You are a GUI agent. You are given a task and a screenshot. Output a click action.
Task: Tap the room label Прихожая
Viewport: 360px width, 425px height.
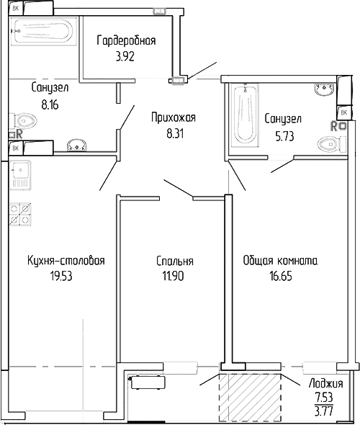173,117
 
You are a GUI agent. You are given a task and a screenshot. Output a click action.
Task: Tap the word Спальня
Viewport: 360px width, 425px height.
174,261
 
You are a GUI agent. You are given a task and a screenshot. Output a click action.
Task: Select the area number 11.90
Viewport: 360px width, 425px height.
174,274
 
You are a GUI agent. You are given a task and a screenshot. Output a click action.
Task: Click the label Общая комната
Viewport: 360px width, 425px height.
281,261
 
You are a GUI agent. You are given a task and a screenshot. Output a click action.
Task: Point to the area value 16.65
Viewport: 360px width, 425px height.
281,274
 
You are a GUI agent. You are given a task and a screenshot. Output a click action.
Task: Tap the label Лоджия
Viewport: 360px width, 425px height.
325,384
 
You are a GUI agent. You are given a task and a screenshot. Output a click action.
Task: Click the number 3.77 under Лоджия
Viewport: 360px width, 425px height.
325,411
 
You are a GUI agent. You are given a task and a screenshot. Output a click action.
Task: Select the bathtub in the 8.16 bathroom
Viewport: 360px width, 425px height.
41,32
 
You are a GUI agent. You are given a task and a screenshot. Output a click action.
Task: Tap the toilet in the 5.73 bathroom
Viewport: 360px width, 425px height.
328,145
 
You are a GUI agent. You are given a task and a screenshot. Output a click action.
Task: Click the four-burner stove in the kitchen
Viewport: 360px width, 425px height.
21,215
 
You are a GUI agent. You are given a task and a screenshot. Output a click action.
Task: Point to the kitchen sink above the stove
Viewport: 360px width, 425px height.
20,176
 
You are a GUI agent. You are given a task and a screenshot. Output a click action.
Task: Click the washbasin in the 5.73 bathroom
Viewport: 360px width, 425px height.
324,91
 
